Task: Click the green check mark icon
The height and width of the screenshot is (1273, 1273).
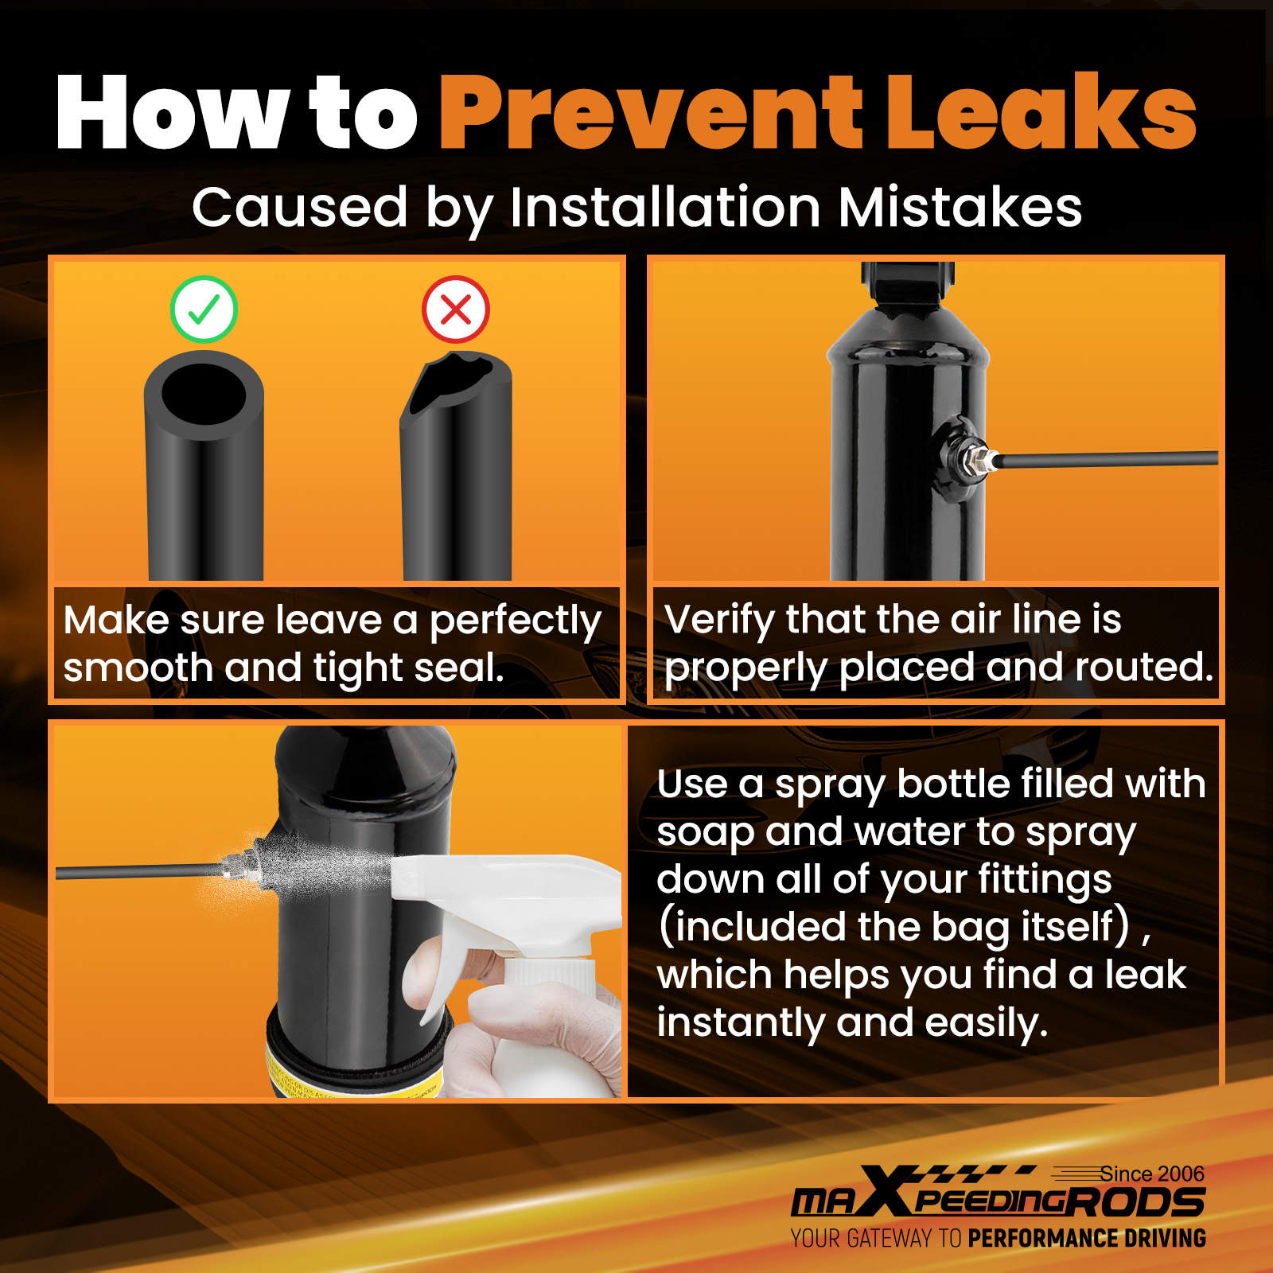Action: pyautogui.click(x=204, y=309)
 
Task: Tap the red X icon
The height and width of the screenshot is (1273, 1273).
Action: pyautogui.click(x=456, y=309)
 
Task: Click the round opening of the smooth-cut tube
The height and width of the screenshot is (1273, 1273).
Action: pyautogui.click(x=204, y=395)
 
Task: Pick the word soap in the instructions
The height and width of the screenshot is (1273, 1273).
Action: pyautogui.click(x=705, y=833)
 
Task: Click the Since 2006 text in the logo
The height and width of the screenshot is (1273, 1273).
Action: pyautogui.click(x=1152, y=1174)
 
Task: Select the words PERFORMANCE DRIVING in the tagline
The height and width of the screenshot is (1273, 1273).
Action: pyautogui.click(x=1087, y=1238)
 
